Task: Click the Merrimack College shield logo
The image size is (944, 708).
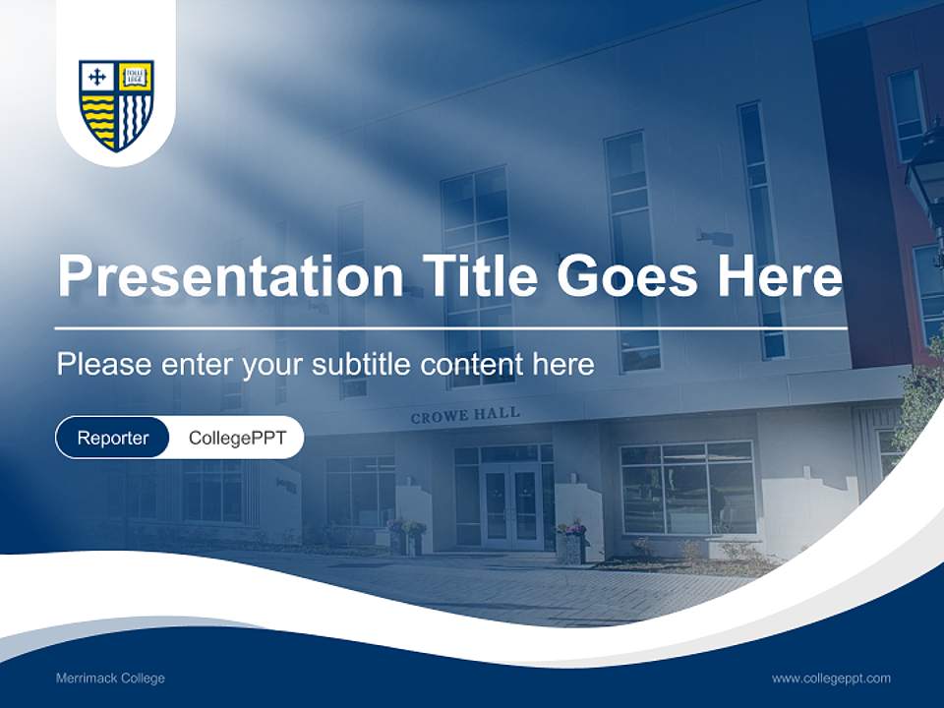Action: point(116,105)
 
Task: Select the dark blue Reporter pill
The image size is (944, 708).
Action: point(112,438)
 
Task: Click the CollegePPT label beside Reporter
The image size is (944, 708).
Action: point(237,438)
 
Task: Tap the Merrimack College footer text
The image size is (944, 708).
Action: point(110,678)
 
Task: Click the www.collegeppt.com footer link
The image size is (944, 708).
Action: point(831,678)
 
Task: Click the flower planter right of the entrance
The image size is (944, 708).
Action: point(571,540)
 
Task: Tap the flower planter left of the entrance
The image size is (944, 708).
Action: point(407,537)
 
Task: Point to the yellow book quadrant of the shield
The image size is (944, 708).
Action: point(135,77)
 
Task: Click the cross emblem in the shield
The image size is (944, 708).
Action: point(96,77)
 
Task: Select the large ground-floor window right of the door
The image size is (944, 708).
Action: point(687,487)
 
